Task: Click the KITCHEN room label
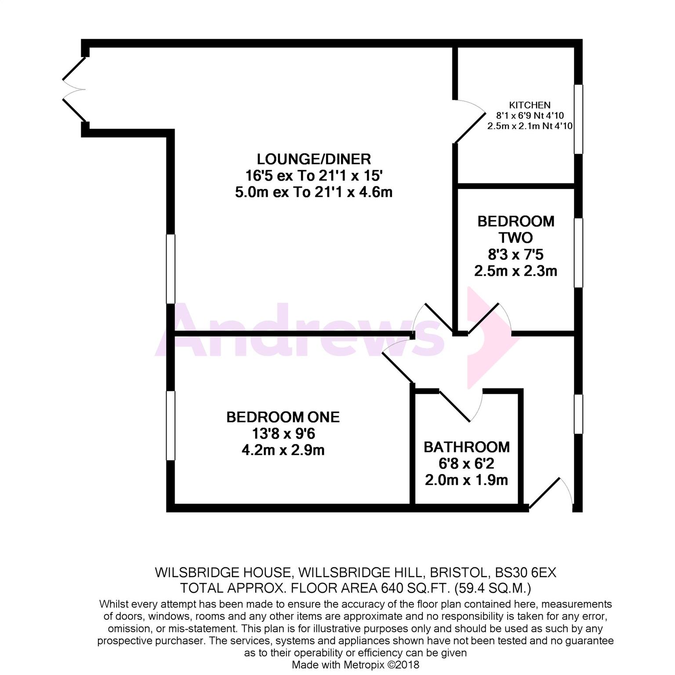coord(530,105)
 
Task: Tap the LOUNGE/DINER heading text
coord(314,159)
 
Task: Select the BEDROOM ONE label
coord(283,417)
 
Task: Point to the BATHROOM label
coord(467,447)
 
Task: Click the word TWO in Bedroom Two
coord(516,238)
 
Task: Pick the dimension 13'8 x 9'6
coord(283,434)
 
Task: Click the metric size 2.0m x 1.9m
coord(466,480)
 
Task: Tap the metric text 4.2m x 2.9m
coord(283,450)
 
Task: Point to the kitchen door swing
coord(470,121)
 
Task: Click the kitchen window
coord(579,119)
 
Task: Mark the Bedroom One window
coord(171,425)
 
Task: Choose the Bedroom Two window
coord(579,253)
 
